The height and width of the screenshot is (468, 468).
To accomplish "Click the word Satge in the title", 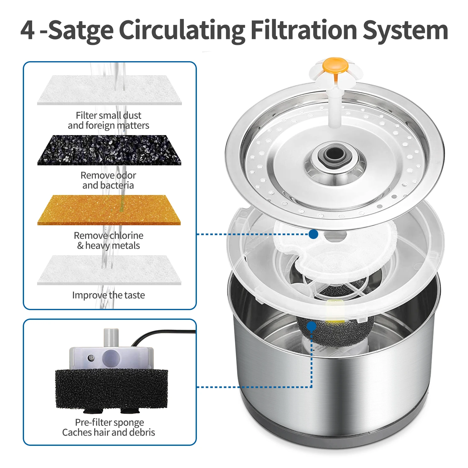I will pos(81,30).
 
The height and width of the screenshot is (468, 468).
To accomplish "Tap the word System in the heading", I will pos(405,30).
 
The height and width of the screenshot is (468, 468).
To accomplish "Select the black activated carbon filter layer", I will pos(109,150).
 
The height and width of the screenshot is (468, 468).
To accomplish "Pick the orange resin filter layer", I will pos(109,210).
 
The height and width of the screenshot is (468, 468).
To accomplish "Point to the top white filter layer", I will pos(109,90).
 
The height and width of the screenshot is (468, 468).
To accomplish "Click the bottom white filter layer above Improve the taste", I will pos(109,270).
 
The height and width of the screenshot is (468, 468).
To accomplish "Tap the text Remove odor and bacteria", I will pos(108,180).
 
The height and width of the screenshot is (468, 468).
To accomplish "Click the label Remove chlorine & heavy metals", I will pos(109,240).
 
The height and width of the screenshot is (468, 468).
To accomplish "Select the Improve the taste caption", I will pos(109,295).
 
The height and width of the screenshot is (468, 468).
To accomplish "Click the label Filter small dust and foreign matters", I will pos(109,120).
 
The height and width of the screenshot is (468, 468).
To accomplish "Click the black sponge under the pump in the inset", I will pos(111,388).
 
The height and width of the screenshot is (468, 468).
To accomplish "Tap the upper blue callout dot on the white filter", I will pos(313,234).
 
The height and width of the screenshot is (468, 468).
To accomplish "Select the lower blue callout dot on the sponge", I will pos(311,326).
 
